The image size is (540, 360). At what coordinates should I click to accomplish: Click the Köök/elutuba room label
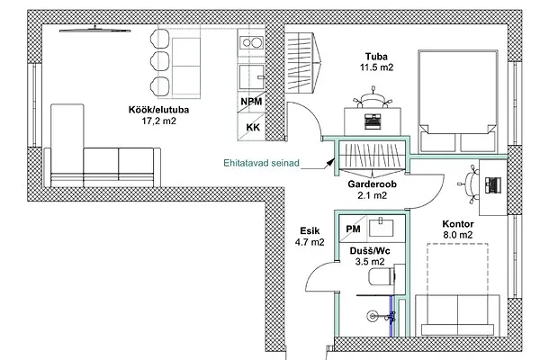click(x=158, y=110)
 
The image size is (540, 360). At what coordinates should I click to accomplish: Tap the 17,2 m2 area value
click(x=158, y=121)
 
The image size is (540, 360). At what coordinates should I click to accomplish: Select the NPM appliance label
click(x=251, y=102)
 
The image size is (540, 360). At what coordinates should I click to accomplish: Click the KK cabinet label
click(x=253, y=128)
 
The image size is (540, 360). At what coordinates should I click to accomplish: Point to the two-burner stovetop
click(x=252, y=43)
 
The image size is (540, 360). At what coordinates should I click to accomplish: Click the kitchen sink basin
click(x=252, y=77)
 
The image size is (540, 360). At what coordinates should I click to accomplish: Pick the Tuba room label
click(x=376, y=57)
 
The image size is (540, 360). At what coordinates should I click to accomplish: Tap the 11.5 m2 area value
click(x=376, y=67)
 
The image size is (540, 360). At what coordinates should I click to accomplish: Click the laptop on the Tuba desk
click(x=373, y=121)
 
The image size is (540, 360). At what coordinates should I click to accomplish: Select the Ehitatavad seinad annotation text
click(x=261, y=163)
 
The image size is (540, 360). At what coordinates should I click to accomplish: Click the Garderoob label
click(x=372, y=184)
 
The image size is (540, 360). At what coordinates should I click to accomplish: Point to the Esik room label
click(x=310, y=230)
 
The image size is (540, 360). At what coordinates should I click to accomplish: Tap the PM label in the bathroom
click(x=353, y=229)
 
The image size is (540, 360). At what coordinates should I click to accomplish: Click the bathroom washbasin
click(x=381, y=228)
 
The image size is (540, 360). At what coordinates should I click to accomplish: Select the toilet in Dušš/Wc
click(x=382, y=276)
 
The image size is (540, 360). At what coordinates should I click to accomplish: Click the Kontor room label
click(x=458, y=224)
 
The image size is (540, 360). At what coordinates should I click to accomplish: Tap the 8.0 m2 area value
click(x=458, y=235)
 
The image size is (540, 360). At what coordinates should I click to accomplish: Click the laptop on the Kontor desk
click(x=493, y=185)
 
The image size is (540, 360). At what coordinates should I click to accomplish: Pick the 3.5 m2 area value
click(x=370, y=262)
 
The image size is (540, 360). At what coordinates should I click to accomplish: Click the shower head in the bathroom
click(x=372, y=316)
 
